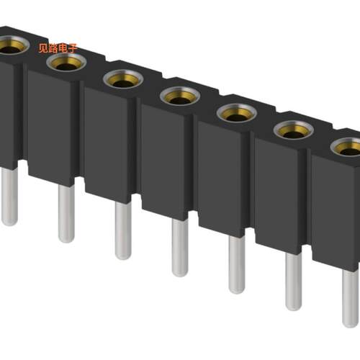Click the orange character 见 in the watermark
(x=43, y=48)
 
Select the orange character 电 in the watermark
(x=63, y=48)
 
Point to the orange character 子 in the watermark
(x=72, y=48)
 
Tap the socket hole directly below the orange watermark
(x=66, y=63)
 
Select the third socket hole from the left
(x=123, y=79)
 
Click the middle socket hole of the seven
(x=180, y=96)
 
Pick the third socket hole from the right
(x=237, y=113)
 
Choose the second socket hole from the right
(x=294, y=130)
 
